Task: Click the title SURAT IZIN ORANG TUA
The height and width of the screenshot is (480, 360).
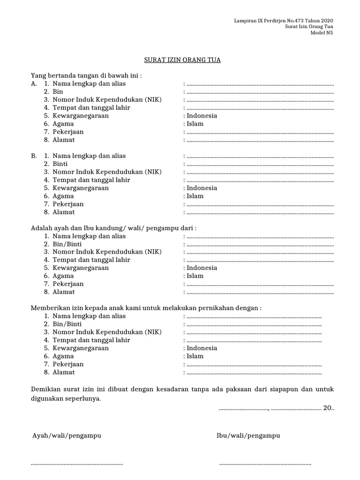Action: tap(181, 60)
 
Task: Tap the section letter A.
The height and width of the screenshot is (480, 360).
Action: tap(33, 84)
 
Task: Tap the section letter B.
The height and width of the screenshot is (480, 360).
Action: tap(33, 156)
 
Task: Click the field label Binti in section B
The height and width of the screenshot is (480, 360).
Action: tap(60, 164)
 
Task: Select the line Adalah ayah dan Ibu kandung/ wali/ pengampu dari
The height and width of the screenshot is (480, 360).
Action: tap(113, 228)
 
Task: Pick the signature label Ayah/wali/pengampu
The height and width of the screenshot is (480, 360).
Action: tap(67, 435)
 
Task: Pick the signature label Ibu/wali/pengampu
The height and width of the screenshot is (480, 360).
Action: tap(248, 435)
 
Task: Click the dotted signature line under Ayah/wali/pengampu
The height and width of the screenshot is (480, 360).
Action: tap(76, 464)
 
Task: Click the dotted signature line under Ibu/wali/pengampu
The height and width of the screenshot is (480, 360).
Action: tap(265, 464)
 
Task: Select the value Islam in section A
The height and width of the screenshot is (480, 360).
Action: tap(195, 124)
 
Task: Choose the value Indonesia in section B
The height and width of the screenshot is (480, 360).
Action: tap(202, 188)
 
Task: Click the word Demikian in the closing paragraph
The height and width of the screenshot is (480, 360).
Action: tap(45, 389)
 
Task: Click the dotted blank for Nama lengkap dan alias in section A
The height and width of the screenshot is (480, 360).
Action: tap(260, 84)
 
